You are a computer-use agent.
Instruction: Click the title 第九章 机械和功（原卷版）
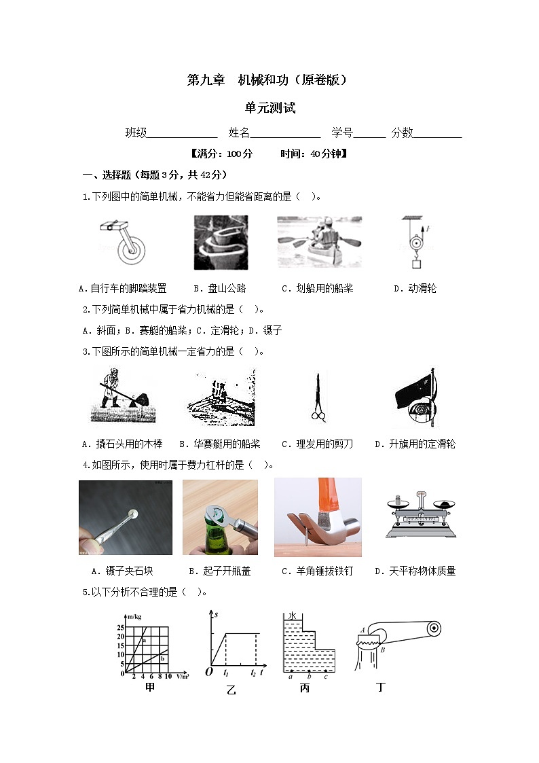point(268,79)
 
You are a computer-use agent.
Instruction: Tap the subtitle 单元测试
point(270,108)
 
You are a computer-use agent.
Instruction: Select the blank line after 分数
point(437,134)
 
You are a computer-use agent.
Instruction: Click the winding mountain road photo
point(221,243)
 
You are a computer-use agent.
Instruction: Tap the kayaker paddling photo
point(319,242)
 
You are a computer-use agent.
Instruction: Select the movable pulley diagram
point(415,242)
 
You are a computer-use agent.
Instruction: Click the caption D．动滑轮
point(415,289)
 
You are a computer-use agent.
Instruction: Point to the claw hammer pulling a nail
point(318,518)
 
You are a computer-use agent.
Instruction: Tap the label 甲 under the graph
point(150,688)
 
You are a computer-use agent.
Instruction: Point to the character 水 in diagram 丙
point(293,616)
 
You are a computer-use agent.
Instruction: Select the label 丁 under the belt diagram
point(381,688)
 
